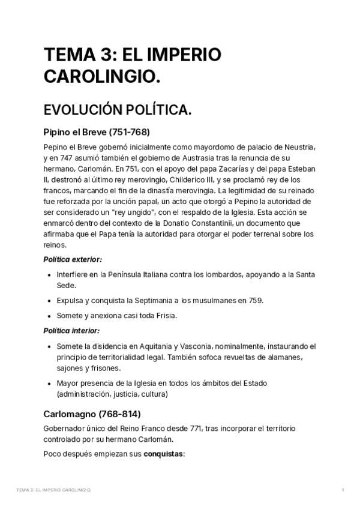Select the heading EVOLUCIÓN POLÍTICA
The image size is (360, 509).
pyautogui.click(x=118, y=110)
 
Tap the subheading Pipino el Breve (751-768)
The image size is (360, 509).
pyautogui.click(x=97, y=131)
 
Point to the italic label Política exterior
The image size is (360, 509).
pyautogui.click(x=73, y=260)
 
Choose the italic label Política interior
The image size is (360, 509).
pyautogui.click(x=71, y=331)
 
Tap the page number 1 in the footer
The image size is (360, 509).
pyautogui.click(x=342, y=491)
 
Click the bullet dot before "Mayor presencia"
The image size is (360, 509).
pyautogui.click(x=48, y=383)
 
